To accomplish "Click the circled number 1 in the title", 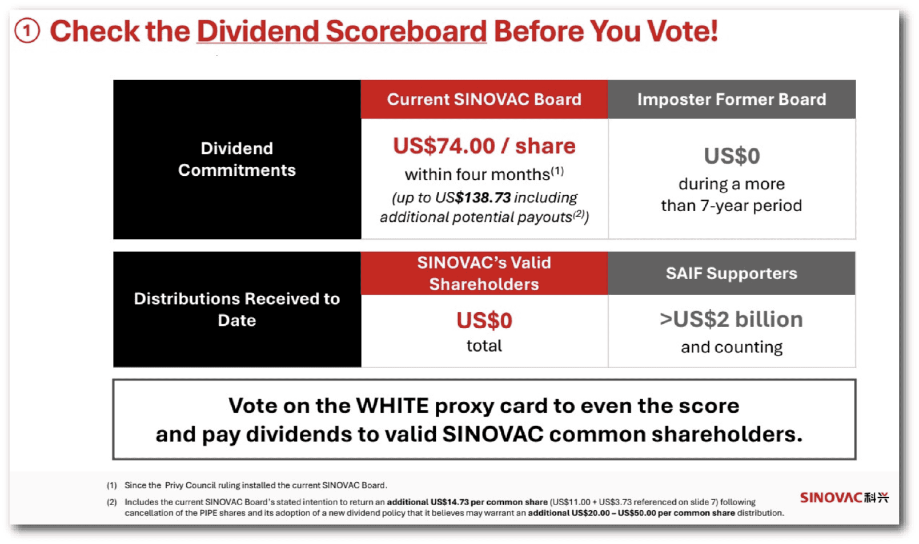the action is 27,31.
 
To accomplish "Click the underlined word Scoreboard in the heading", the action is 406,31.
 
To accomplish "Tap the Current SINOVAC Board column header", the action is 484,100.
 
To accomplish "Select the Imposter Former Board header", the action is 732,100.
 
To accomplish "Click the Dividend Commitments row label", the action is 236,159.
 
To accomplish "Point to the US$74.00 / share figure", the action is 484,146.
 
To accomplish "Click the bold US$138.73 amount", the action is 483,198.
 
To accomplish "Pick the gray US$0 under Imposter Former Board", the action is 732,156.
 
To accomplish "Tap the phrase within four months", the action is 477,175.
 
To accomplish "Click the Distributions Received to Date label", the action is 236,309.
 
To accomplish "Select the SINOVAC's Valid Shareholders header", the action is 484,273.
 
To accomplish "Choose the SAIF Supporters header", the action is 732,273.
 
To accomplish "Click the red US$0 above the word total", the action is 484,321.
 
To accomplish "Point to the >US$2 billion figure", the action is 732,319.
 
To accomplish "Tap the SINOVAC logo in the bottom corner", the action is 844,498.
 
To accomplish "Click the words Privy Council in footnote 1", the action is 190,485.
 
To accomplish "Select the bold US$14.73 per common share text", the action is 467,502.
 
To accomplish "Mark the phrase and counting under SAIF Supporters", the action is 732,347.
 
